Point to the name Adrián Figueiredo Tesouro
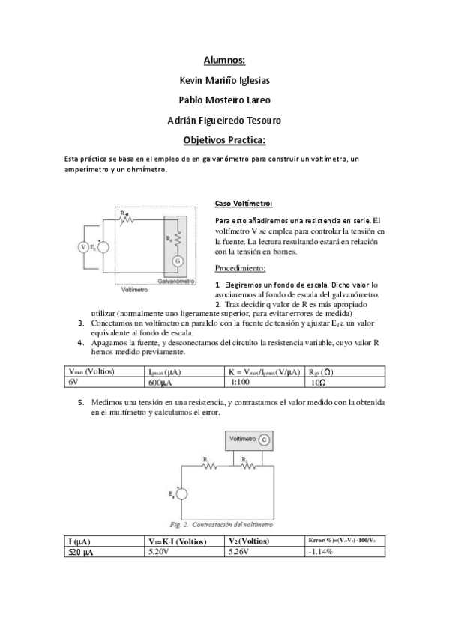pyautogui.click(x=224, y=119)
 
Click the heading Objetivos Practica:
pyautogui.click(x=224, y=139)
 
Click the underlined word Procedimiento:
pyautogui.click(x=240, y=267)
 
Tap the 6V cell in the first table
pyautogui.click(x=73, y=381)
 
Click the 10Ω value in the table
pyautogui.click(x=318, y=381)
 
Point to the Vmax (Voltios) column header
pyautogui.click(x=90, y=371)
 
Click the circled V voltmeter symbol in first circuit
pyautogui.click(x=83, y=246)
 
